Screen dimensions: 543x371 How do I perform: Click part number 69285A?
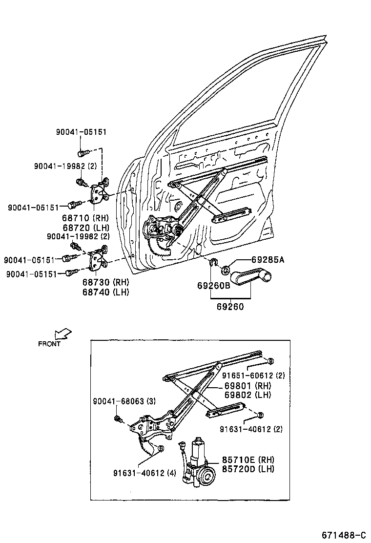click(267, 260)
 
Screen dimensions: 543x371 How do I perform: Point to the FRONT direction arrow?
click(63, 334)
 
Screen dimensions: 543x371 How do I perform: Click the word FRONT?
click(49, 344)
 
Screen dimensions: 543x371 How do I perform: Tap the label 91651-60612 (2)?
click(253, 376)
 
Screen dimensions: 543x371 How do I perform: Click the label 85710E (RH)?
click(248, 460)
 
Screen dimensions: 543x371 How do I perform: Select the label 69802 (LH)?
click(247, 395)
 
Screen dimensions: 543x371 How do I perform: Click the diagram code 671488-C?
click(343, 535)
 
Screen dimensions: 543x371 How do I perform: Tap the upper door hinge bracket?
click(99, 192)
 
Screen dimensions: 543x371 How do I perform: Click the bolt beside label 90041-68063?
click(118, 418)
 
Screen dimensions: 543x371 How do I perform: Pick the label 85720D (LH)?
click(248, 469)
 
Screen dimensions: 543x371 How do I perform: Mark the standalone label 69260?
click(230, 307)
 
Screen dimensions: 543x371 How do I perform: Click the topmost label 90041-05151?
click(81, 132)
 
